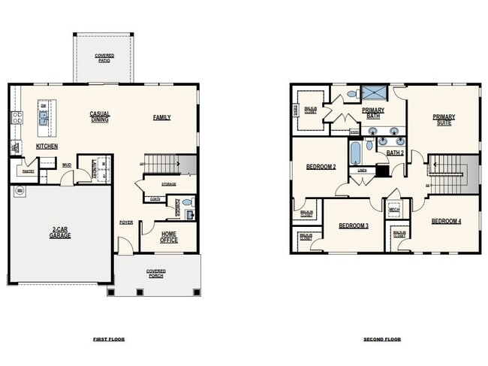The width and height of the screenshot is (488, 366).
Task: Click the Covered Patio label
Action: pos(104,58)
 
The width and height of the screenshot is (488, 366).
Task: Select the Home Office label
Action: pos(169,237)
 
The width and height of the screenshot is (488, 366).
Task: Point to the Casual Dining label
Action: pos(100,116)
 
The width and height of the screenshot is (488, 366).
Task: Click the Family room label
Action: pos(161,117)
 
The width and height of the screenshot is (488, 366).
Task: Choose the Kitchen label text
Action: pos(47,147)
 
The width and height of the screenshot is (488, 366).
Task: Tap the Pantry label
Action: pos(28,171)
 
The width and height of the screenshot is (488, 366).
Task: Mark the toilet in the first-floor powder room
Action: pos(188,202)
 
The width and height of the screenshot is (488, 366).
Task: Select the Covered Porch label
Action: pos(156,273)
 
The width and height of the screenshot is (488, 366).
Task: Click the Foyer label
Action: pos(126,222)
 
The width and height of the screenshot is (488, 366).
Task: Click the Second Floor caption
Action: pos(382,339)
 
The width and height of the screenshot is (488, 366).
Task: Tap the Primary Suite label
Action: pos(443,119)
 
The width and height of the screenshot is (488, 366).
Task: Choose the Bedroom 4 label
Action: pos(446,221)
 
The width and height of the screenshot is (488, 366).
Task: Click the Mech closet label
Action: pos(394,210)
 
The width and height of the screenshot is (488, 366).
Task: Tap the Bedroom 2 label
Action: pos(321,167)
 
